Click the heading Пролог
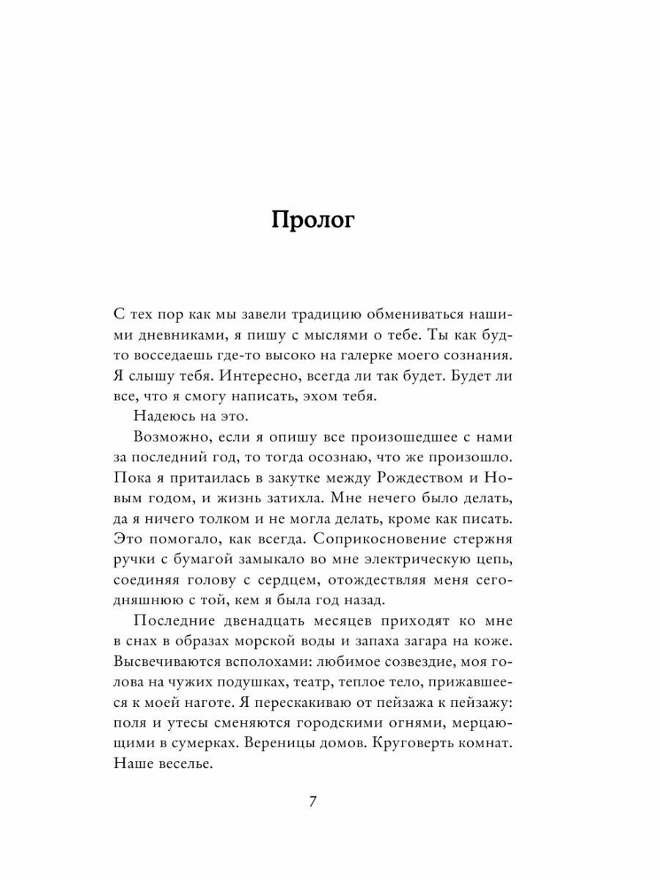(x=313, y=221)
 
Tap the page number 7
(x=313, y=802)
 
